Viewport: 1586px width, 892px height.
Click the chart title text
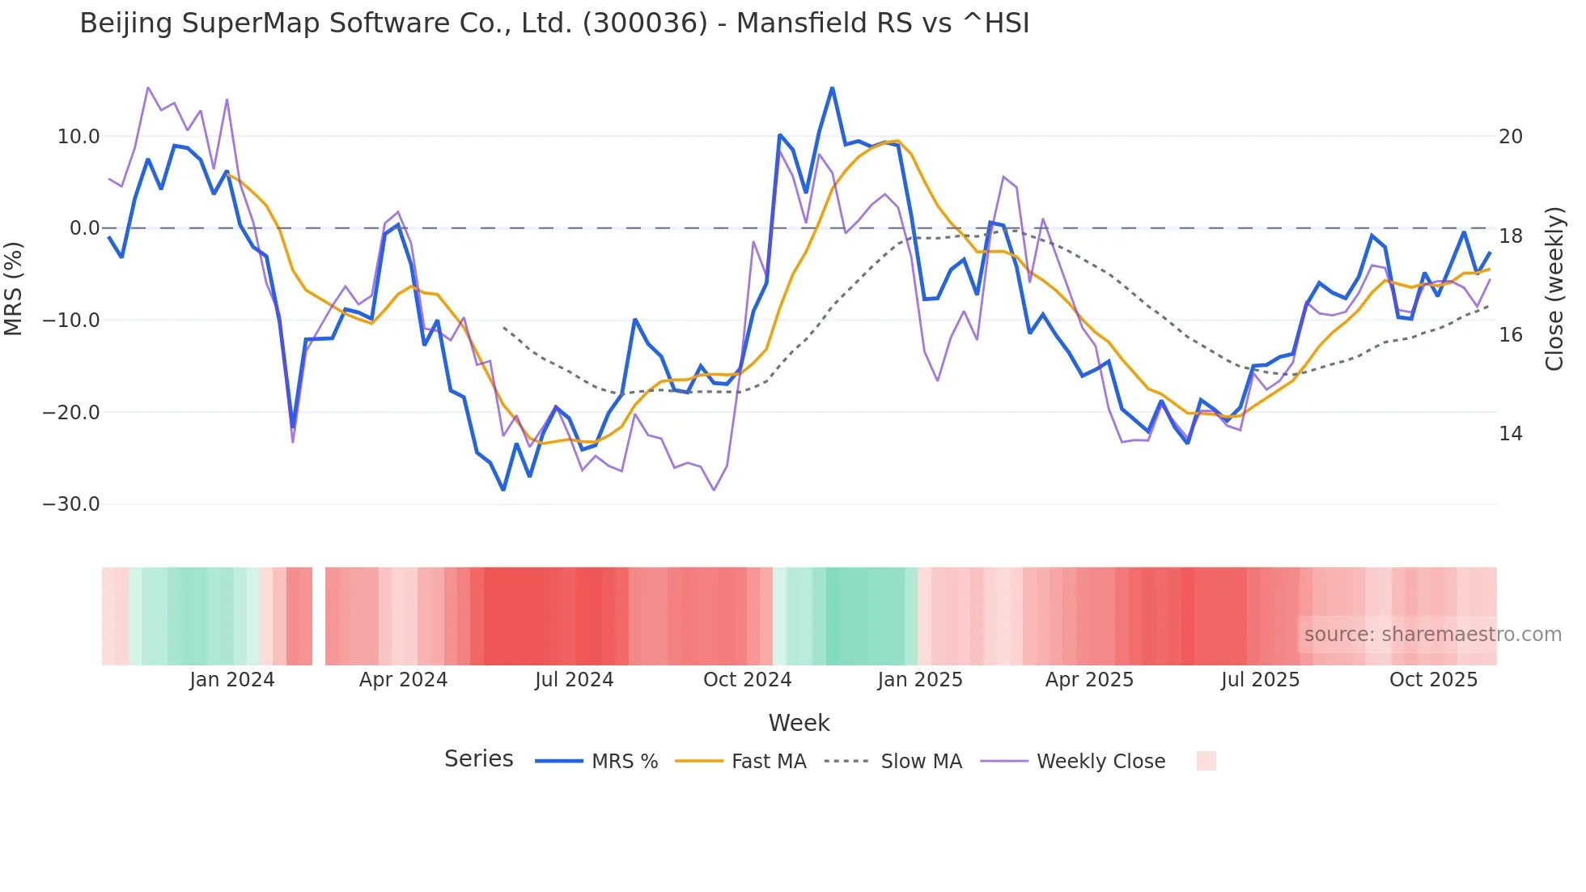554,23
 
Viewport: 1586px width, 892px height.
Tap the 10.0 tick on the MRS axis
78,137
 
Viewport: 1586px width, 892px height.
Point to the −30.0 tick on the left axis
72,504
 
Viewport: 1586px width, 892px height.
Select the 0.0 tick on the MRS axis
84,228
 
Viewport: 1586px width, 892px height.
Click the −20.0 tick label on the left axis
72,413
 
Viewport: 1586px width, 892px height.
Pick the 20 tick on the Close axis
1511,137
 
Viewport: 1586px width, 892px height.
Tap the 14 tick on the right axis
1511,434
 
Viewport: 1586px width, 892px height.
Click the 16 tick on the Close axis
1511,335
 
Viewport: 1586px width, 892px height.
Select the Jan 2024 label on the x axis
232,680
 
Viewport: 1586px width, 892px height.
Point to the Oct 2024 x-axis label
747,680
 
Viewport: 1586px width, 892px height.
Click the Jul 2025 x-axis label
1260,680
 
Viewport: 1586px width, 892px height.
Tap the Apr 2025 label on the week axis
1089,680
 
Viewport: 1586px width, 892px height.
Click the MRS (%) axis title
14,288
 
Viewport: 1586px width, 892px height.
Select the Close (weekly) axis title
1554,289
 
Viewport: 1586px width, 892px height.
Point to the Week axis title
799,723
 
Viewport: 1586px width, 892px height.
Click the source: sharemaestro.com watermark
1432,635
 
